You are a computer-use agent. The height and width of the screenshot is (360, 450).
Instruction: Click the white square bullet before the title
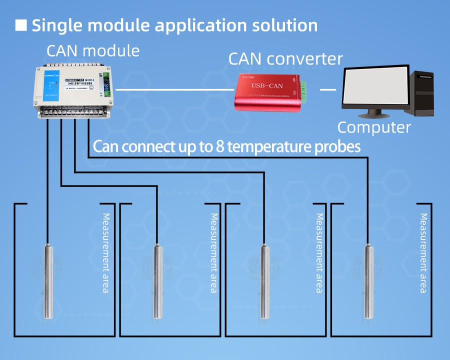coord(21,25)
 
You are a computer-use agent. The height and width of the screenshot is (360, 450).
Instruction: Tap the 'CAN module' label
coord(93,51)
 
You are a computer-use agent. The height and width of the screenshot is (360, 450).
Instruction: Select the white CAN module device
coord(73,90)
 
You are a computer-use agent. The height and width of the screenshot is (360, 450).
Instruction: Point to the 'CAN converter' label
coord(285,59)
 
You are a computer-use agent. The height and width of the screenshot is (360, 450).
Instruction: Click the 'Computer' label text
coord(374,127)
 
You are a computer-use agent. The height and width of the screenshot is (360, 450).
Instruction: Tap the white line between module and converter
coord(174,90)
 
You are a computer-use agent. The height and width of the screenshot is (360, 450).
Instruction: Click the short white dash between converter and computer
coord(327,90)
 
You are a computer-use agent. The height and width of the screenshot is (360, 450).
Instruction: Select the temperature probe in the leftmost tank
coord(48,280)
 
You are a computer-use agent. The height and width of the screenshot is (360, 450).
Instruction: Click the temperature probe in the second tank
coord(157,280)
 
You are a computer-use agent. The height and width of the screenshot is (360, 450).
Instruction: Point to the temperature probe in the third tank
coord(264,280)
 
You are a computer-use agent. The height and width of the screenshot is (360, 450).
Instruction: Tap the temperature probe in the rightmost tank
coord(369,280)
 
